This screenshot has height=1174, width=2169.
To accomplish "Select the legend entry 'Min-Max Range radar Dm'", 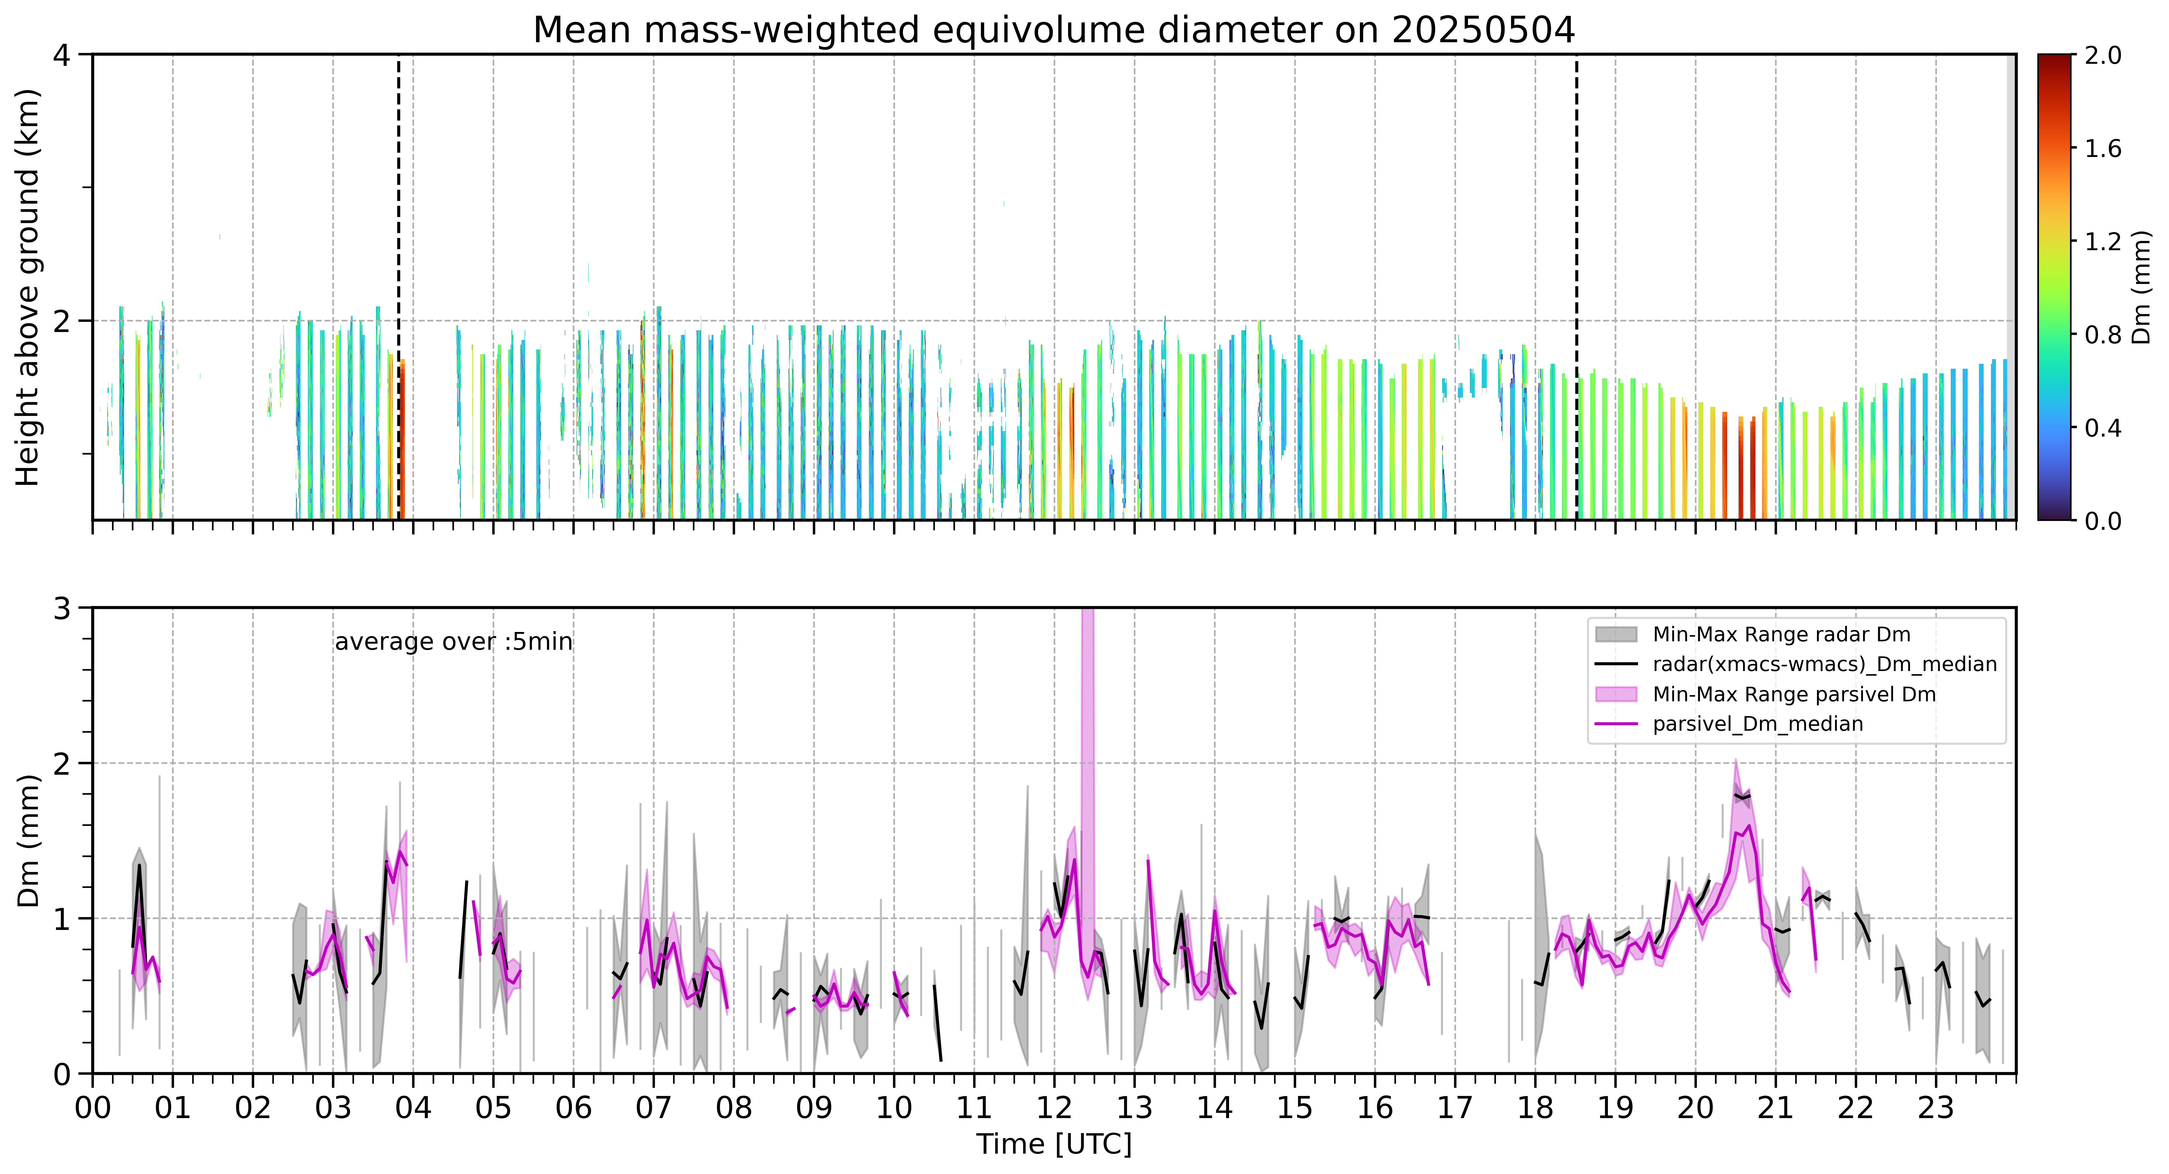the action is [x=1781, y=635].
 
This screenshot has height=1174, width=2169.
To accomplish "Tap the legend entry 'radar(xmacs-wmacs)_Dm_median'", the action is [x=1825, y=665].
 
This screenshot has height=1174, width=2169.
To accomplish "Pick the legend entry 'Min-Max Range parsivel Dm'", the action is [x=1794, y=694].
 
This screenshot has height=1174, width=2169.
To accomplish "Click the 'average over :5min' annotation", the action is [x=453, y=642].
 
